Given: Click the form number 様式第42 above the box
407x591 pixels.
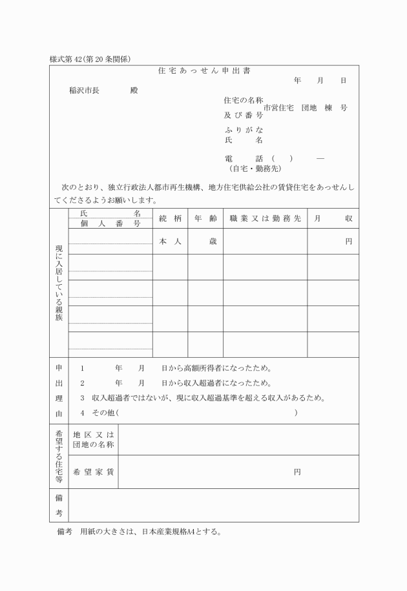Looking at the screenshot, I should tap(90, 59).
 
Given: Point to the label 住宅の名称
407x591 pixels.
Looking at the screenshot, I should tap(243, 100).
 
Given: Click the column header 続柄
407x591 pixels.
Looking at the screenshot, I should tap(170, 219).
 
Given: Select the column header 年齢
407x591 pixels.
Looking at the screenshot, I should tap(205, 219).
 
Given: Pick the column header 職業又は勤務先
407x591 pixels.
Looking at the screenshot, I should tap(265, 219).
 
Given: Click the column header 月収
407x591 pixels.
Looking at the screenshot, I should tap(333, 219).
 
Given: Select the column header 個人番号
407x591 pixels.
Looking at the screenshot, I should tap(110, 223).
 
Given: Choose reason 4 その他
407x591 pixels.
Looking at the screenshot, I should tap(100, 412).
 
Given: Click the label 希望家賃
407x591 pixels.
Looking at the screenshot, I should tap(94, 472).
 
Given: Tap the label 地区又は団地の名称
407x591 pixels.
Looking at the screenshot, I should tap(94, 440).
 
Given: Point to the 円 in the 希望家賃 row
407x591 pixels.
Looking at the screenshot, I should tap(297, 472).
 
